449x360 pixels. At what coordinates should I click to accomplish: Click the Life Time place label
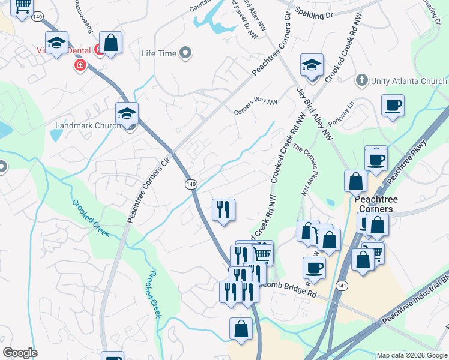coord(159,54)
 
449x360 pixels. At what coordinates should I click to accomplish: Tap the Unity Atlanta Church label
coord(408,81)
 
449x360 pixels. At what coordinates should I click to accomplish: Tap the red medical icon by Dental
coord(79,65)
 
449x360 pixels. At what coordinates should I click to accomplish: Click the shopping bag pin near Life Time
coord(111,43)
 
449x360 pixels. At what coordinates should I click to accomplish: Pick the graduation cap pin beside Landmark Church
coord(127,113)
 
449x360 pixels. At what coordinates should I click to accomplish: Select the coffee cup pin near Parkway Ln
coord(393,106)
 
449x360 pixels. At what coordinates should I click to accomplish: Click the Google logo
coord(20,353)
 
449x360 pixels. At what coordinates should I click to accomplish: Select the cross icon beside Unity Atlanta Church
coord(361,80)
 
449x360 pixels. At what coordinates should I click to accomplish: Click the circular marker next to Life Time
coord(185,53)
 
